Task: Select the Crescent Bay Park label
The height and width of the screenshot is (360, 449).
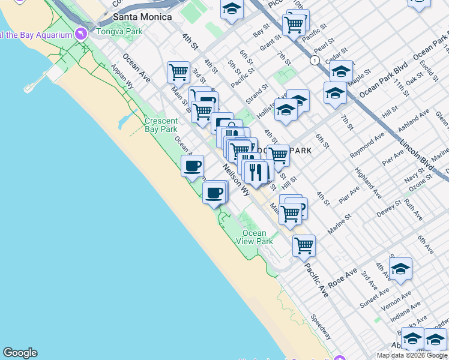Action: (161, 125)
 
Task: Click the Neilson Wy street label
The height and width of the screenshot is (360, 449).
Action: (237, 180)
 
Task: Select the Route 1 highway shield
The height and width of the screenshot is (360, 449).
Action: (313, 61)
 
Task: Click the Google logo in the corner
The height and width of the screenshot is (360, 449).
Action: (20, 353)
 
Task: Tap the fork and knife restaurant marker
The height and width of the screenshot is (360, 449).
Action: (256, 172)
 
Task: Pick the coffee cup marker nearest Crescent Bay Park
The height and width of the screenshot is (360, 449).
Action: (192, 166)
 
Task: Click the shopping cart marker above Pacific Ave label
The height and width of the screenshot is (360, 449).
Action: (304, 245)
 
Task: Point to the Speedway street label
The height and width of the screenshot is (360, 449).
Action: (321, 326)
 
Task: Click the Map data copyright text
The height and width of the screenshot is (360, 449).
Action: (412, 355)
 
